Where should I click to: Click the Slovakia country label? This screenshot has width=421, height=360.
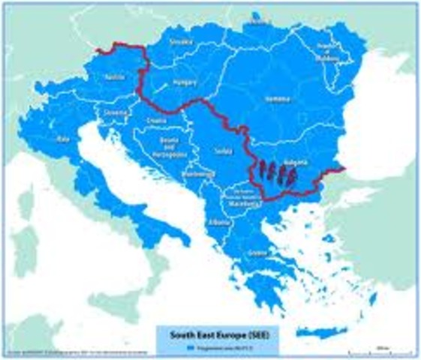[x=181, y=42]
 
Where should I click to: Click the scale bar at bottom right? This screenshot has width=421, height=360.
[x=383, y=346]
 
